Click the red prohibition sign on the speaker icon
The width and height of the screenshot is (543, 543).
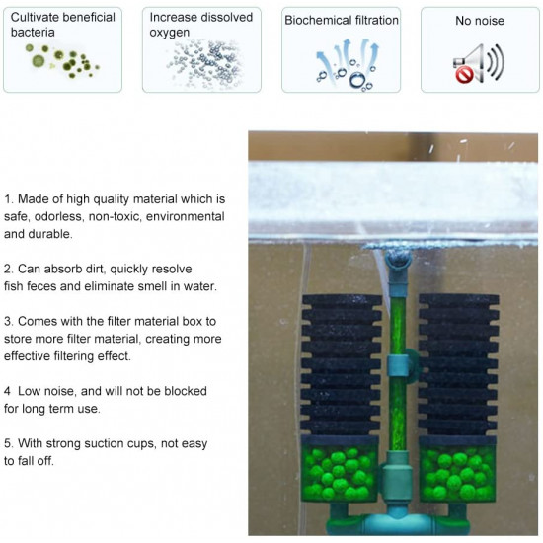coord(464,74)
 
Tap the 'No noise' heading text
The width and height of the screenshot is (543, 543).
coord(480,21)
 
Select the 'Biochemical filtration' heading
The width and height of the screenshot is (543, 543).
coord(342,21)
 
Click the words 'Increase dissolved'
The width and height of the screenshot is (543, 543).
coord(201,17)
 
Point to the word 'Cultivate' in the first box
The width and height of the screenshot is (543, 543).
coord(33,17)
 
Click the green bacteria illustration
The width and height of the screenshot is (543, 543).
coord(62,61)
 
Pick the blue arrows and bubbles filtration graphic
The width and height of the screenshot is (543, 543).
coord(347,65)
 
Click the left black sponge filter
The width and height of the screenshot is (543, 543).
coord(342,365)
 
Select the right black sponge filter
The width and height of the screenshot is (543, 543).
coord(458,365)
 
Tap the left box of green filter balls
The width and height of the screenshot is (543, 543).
coord(340,469)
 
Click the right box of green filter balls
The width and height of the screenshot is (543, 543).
coord(458,469)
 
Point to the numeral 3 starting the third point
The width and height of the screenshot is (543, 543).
coord(8,322)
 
